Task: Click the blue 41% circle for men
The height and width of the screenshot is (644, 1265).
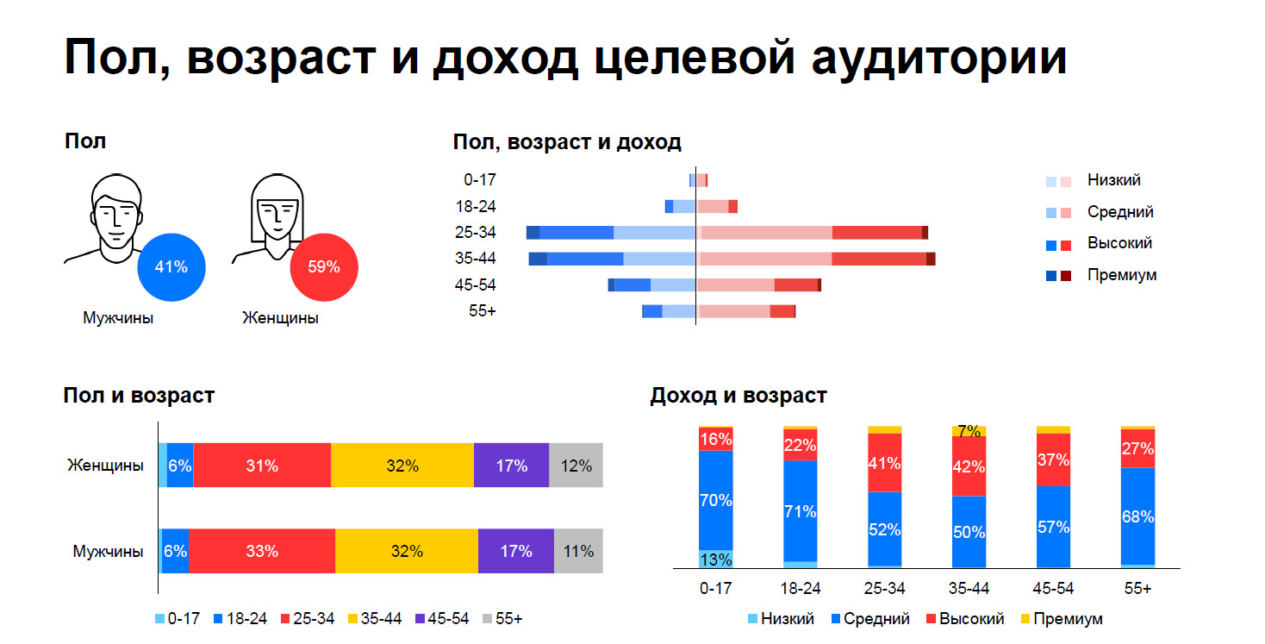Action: pyautogui.click(x=171, y=266)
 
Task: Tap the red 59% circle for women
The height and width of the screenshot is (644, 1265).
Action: pyautogui.click(x=324, y=266)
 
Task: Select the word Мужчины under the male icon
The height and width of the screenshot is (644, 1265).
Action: pyautogui.click(x=118, y=318)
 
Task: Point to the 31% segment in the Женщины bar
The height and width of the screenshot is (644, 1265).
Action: pyautogui.click(x=262, y=466)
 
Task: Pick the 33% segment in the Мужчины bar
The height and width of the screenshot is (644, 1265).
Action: pyautogui.click(x=262, y=551)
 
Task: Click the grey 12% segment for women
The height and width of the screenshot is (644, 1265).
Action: pyautogui.click(x=576, y=466)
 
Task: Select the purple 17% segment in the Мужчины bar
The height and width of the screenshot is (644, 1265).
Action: pyautogui.click(x=515, y=551)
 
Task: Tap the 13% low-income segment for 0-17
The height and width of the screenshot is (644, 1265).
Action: pyautogui.click(x=715, y=560)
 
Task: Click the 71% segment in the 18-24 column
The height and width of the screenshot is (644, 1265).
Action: pyautogui.click(x=800, y=511)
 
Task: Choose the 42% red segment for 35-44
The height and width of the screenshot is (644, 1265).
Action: pyautogui.click(x=969, y=466)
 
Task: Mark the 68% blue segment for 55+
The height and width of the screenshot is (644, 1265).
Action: pyautogui.click(x=1137, y=516)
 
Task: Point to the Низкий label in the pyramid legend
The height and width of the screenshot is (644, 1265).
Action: pyautogui.click(x=1113, y=180)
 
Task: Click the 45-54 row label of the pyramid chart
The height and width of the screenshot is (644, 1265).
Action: pyautogui.click(x=480, y=285)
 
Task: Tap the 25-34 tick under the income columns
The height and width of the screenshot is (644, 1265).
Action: pyautogui.click(x=884, y=588)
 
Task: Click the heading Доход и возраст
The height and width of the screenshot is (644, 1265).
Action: pyautogui.click(x=738, y=396)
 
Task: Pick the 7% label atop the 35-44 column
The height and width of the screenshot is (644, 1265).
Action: pyautogui.click(x=969, y=431)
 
